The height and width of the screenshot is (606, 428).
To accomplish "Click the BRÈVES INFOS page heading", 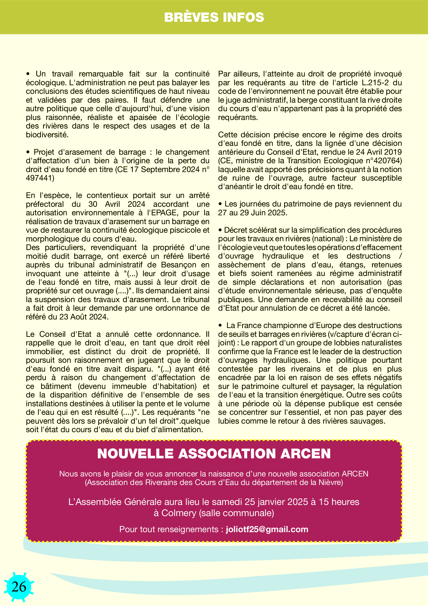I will point(214,17).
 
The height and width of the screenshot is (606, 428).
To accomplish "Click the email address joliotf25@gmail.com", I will point(267,529).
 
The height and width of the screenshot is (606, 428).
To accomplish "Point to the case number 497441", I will point(40,178).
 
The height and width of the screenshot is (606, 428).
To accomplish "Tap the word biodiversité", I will point(47,135).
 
